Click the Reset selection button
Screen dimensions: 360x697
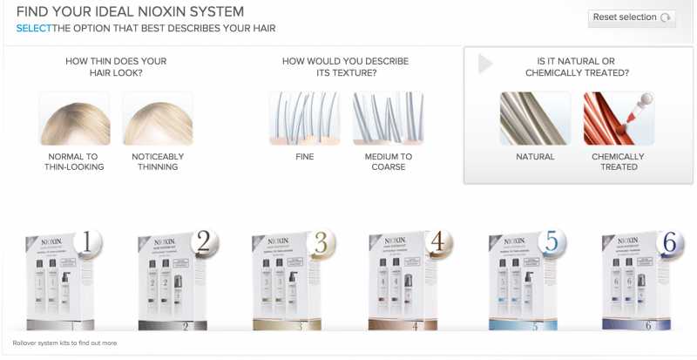pyautogui.click(x=632, y=17)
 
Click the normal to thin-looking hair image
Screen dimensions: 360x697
pyautogui.click(x=74, y=119)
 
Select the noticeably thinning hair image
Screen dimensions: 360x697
pyautogui.click(x=158, y=119)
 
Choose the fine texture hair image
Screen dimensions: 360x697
pyautogui.click(x=304, y=119)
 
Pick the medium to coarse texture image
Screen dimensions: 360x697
pyautogui.click(x=388, y=119)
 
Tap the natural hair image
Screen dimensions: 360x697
pyautogui.click(x=535, y=119)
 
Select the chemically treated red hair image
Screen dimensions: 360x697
pyautogui.click(x=619, y=119)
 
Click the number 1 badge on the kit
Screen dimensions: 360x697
pyautogui.click(x=86, y=244)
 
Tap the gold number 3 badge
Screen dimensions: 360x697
pyautogui.click(x=320, y=245)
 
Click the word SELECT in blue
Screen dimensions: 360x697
pyautogui.click(x=33, y=29)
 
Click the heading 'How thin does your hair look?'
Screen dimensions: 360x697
pyautogui.click(x=116, y=67)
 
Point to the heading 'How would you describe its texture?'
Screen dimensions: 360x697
pyautogui.click(x=345, y=67)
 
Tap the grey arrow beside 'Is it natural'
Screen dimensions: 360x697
pyautogui.click(x=485, y=65)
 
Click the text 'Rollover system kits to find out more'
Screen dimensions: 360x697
pyautogui.click(x=64, y=343)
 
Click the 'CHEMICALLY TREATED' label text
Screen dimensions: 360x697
pyautogui.click(x=618, y=162)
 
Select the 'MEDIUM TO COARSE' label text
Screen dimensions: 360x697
pyautogui.click(x=388, y=162)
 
